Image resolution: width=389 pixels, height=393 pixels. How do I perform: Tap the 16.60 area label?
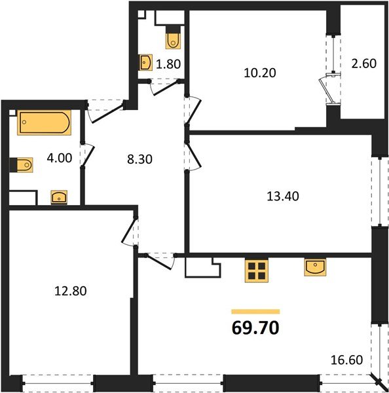click(x=347, y=360)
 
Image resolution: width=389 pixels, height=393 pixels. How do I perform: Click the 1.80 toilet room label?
click(x=168, y=64)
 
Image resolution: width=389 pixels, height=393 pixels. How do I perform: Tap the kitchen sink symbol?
click(x=316, y=267)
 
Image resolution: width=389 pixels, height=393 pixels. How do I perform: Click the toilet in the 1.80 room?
click(x=174, y=39)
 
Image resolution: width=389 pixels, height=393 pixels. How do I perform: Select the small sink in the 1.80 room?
click(x=146, y=63)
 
